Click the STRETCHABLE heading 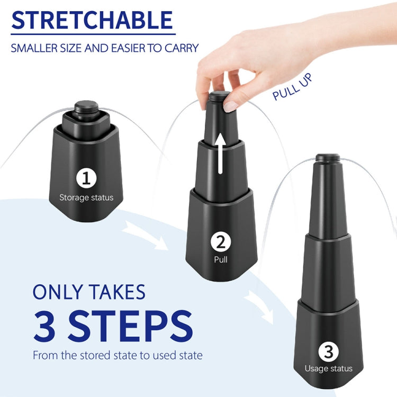click(92, 20)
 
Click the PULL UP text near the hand click(293, 87)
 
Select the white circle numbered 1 click(86, 178)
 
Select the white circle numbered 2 click(220, 242)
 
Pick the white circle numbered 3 click(328, 351)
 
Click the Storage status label click(86, 198)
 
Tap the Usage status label click(328, 368)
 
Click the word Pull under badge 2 click(220, 260)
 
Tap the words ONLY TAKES click(89, 292)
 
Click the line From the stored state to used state click(118, 355)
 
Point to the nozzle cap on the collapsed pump click(84, 107)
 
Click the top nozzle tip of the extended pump click(328, 157)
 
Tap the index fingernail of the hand click(230, 106)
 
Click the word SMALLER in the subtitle click(33, 48)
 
